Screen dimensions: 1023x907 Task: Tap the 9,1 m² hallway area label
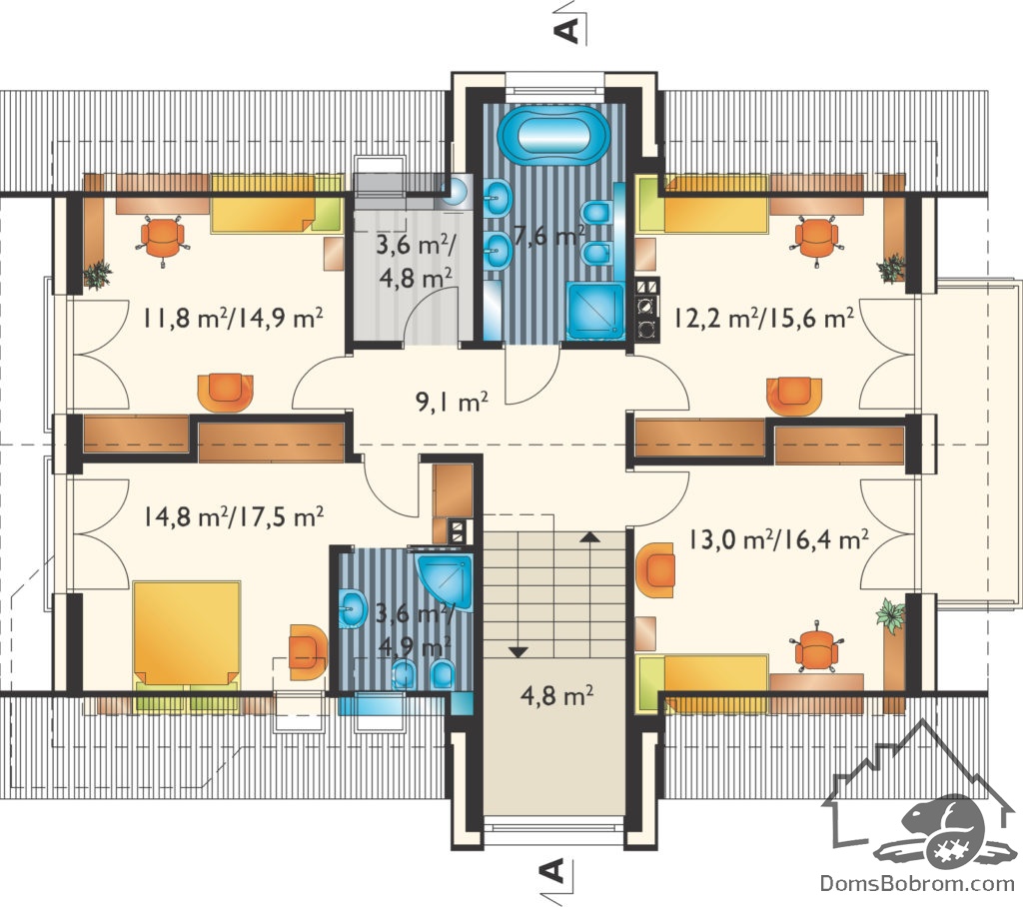pos(453,402)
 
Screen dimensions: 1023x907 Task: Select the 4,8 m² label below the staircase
pos(556,695)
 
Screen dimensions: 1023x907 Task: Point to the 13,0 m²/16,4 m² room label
pos(778,539)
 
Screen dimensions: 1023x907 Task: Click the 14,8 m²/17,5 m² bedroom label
pos(233,516)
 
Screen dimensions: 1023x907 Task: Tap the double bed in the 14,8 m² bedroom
pos(186,633)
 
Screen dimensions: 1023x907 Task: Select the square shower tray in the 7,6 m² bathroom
pos(596,311)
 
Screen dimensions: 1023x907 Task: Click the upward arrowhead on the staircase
pos(589,537)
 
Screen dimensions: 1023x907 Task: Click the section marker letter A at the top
pos(568,30)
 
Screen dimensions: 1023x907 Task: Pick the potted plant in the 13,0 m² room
pos(890,614)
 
